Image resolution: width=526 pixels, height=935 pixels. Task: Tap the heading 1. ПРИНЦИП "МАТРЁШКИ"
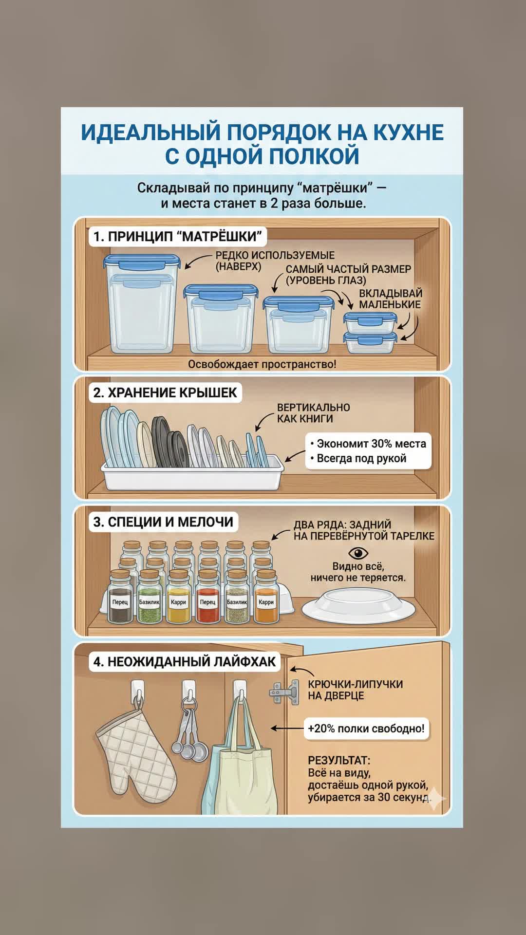(x=178, y=237)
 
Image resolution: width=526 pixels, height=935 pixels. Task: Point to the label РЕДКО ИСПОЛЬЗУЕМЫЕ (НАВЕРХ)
(x=275, y=261)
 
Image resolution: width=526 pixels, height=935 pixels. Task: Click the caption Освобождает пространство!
(x=262, y=364)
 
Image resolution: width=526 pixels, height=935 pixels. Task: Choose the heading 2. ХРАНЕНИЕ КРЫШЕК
(x=165, y=393)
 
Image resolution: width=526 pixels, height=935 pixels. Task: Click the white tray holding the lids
(x=192, y=472)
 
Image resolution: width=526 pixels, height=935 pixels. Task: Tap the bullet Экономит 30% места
(x=368, y=444)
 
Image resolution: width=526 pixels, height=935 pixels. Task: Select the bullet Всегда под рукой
(x=358, y=458)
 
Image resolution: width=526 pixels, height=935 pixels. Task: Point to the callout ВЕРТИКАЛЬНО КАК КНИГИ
(x=314, y=413)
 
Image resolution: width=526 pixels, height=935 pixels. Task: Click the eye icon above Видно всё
(x=358, y=553)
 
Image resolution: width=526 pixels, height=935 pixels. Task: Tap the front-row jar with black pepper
(x=120, y=597)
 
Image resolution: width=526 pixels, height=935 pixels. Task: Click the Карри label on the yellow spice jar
(x=178, y=602)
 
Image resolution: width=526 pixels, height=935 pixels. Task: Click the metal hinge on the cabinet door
(x=284, y=692)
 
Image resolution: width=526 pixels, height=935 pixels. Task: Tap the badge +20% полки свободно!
(x=366, y=729)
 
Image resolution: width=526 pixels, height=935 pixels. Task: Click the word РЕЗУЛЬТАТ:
(x=339, y=760)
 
